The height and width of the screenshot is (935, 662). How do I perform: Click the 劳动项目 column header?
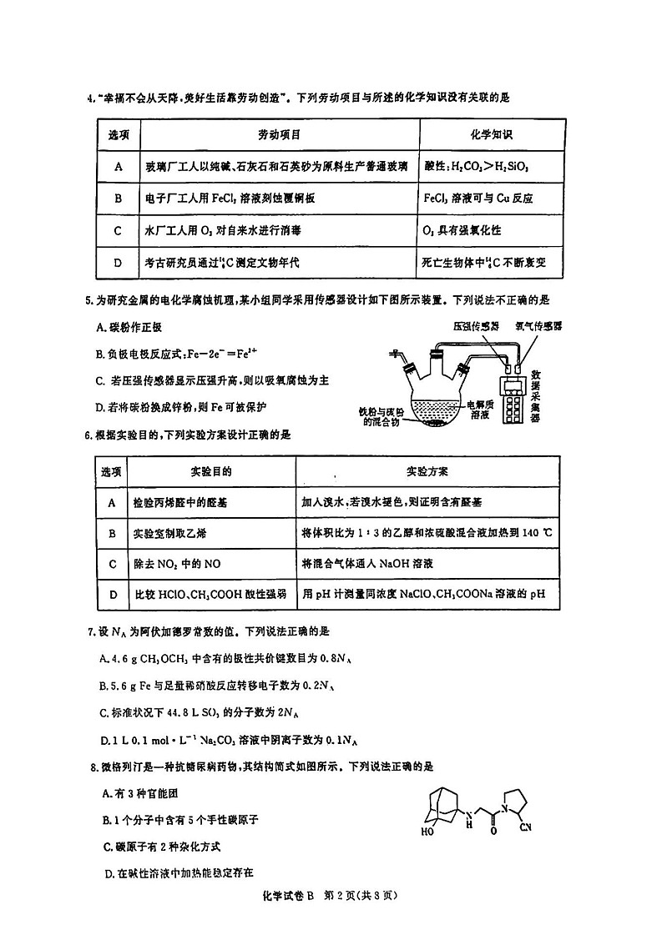click(x=279, y=134)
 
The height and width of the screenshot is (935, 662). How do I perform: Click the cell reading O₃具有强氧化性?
click(x=462, y=229)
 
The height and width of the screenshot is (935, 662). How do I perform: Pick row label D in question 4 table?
click(x=118, y=262)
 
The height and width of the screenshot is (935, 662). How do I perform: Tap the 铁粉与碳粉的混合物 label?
click(x=382, y=416)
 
